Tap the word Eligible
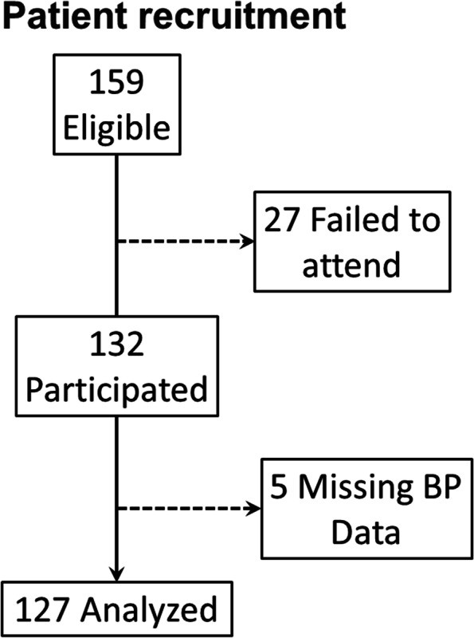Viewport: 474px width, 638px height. [x=117, y=128]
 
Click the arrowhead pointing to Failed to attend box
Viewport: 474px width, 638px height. [x=245, y=242]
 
